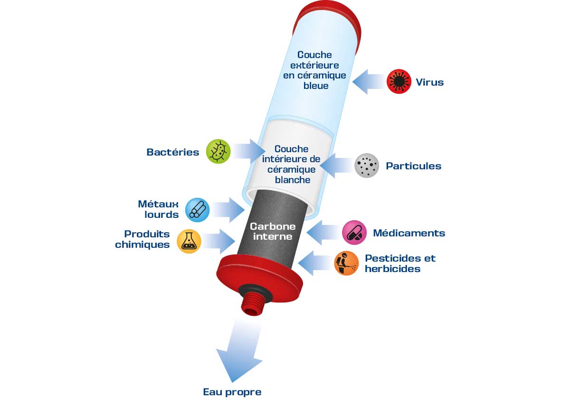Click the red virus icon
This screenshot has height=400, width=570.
point(399,82)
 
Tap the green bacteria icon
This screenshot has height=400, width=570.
point(218,152)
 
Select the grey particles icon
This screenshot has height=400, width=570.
point(367,166)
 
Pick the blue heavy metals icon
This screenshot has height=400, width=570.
point(197,209)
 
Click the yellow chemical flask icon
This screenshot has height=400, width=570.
point(189,241)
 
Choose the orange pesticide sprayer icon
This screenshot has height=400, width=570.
point(346,263)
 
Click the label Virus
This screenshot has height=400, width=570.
point(429,82)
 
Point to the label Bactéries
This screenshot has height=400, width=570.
point(173,152)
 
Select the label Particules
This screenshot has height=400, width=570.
point(413,166)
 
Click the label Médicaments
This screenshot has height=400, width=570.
point(408,233)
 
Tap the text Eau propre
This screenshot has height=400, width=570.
point(232,392)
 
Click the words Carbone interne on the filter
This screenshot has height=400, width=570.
point(272,231)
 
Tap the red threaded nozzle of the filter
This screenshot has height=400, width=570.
point(253,303)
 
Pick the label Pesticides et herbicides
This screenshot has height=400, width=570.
point(399,263)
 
